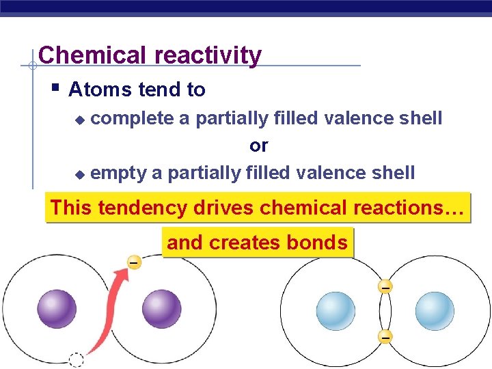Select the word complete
(x=132, y=118)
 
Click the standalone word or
(x=259, y=146)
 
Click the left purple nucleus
(x=57, y=309)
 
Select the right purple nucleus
(x=161, y=309)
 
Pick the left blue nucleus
(x=336, y=311)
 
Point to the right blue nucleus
(x=435, y=311)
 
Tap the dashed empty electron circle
(x=77, y=359)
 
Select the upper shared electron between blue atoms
(x=385, y=288)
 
